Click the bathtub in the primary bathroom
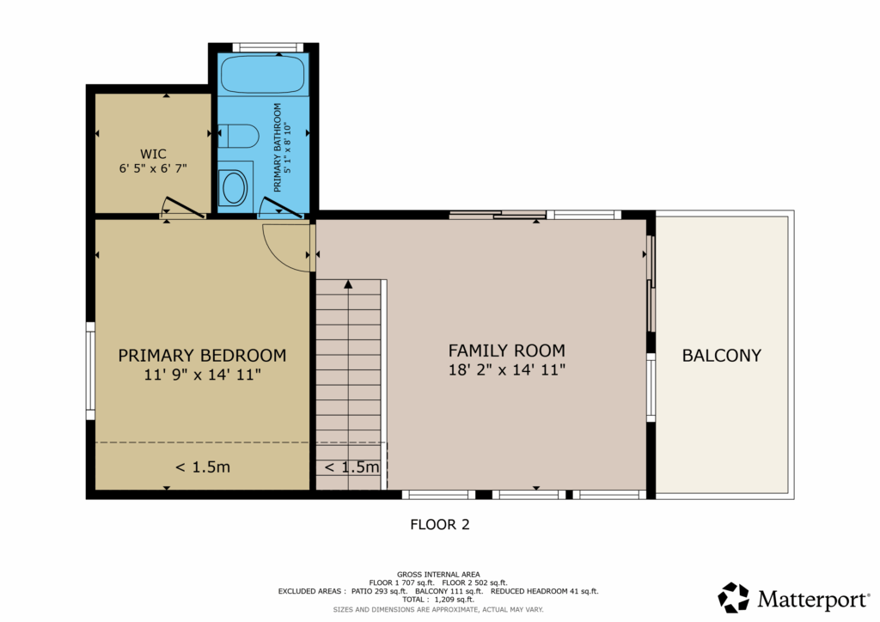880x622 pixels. (x=263, y=75)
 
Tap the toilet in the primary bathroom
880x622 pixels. (x=239, y=135)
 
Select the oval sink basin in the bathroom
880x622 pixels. (x=235, y=187)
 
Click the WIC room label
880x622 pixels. (x=153, y=154)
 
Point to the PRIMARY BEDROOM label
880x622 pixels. (x=202, y=356)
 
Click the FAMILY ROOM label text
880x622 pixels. (x=507, y=351)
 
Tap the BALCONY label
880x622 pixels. (x=722, y=356)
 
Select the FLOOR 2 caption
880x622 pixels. (x=440, y=524)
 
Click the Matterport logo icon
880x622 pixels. (x=734, y=597)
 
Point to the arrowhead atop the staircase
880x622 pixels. (x=349, y=284)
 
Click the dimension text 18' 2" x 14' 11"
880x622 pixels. (x=507, y=369)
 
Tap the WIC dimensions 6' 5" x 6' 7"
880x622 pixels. (x=153, y=168)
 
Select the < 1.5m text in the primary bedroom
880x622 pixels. (x=203, y=466)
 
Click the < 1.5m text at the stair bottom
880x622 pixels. (x=351, y=466)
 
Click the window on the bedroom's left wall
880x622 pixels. (x=89, y=371)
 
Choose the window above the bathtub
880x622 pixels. (x=268, y=47)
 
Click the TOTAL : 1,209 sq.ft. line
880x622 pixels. (x=438, y=600)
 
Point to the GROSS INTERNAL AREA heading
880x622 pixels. (x=438, y=575)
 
